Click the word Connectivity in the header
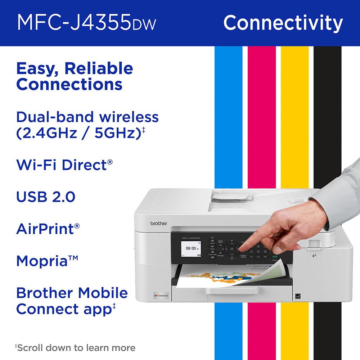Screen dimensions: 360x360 283,23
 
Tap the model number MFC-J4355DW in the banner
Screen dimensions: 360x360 86,23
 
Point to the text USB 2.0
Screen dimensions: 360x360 46,197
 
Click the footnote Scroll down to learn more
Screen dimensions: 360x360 76,347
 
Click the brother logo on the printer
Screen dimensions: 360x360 159,224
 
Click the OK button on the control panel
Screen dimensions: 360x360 232,248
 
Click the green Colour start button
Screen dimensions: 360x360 275,255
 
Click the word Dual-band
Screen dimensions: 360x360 47,117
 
